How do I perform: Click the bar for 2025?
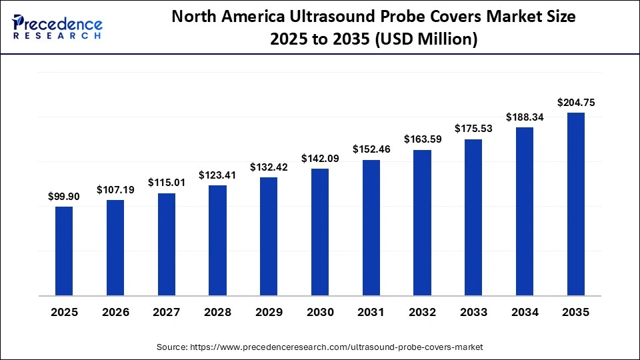(64, 251)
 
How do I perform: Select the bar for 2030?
(320, 232)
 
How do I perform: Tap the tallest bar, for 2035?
(576, 204)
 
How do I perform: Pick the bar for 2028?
(217, 240)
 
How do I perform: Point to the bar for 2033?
(473, 217)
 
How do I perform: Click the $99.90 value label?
(64, 197)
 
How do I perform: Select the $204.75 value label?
(576, 103)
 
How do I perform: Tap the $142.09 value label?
(320, 159)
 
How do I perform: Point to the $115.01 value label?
(167, 183)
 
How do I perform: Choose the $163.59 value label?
(423, 140)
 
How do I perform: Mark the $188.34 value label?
(525, 117)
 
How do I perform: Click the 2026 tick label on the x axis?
(115, 311)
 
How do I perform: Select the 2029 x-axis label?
(269, 311)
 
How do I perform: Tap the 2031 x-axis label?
(371, 311)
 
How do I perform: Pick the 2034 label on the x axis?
(525, 311)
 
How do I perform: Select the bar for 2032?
(423, 223)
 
